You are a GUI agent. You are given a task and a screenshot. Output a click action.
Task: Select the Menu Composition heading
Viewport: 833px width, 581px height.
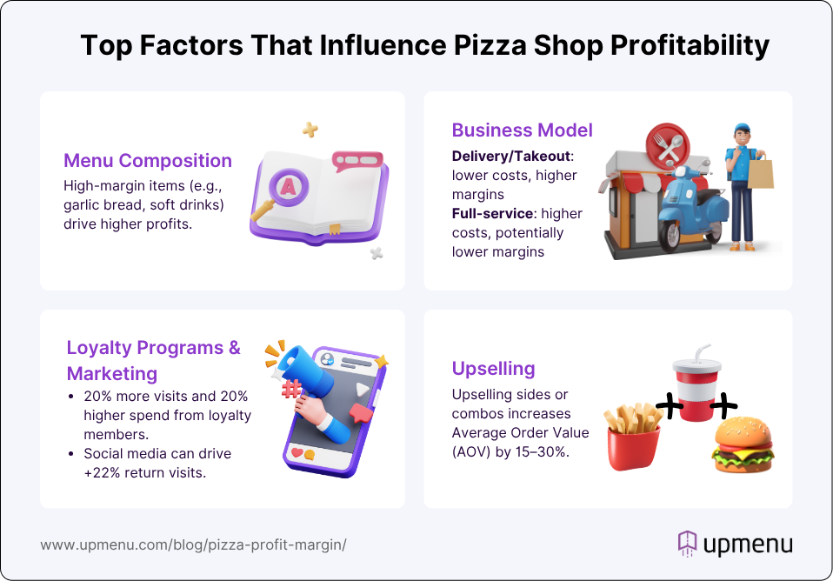(x=148, y=161)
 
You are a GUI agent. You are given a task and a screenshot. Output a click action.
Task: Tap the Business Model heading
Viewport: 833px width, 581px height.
(x=523, y=130)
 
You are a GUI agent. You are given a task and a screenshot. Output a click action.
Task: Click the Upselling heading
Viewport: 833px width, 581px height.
(x=494, y=369)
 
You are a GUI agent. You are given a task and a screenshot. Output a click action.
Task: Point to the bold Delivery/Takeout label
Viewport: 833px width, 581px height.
(x=511, y=157)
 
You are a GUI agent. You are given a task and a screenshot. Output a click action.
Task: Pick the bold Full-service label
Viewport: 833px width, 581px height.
(x=492, y=214)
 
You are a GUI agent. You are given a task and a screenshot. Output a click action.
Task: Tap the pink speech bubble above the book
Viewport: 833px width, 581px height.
(x=357, y=161)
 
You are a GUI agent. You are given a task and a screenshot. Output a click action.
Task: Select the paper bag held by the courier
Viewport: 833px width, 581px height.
(x=760, y=171)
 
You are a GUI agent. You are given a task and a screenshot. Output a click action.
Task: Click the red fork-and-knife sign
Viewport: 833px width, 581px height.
(x=668, y=145)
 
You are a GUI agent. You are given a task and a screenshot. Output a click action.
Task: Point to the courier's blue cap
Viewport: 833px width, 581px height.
(x=743, y=129)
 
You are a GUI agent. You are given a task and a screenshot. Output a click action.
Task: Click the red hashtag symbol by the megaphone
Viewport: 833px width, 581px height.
(x=291, y=389)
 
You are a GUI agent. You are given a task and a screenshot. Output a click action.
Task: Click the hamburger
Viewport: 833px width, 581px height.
(x=743, y=444)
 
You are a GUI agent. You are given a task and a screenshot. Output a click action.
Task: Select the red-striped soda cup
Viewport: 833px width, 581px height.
(x=696, y=384)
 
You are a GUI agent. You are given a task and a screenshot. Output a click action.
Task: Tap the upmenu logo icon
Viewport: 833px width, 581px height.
(x=688, y=544)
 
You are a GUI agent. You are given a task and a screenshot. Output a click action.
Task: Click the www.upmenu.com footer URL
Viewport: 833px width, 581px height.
(x=193, y=544)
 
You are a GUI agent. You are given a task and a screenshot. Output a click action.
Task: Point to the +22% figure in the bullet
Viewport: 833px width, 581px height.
(x=102, y=472)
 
